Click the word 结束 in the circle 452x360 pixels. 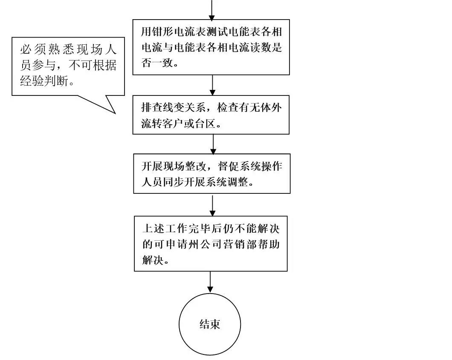coord(210,324)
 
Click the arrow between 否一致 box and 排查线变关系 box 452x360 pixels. coord(212,85)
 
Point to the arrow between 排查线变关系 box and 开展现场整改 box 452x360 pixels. coord(213,144)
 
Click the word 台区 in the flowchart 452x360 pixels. coord(210,124)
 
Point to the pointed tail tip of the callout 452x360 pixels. coord(115,113)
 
